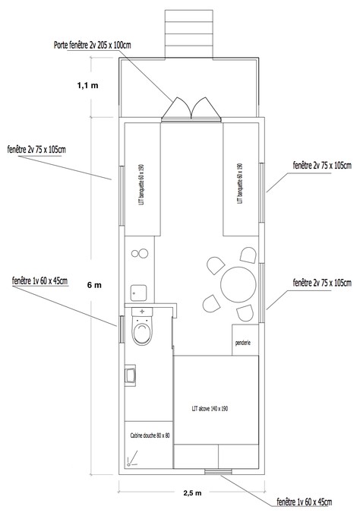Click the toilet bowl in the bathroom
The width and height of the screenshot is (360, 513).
click(x=142, y=331)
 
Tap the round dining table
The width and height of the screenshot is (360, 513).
click(x=238, y=285)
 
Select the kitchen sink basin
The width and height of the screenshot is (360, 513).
click(x=138, y=293)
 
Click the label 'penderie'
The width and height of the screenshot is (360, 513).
click(x=243, y=343)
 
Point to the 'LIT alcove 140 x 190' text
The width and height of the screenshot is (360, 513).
click(x=210, y=409)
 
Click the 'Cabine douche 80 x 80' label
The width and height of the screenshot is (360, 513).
click(x=150, y=435)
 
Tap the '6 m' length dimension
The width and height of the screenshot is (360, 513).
click(x=94, y=285)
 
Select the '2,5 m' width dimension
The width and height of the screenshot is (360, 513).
click(x=192, y=493)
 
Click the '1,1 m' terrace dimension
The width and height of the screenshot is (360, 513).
click(x=87, y=85)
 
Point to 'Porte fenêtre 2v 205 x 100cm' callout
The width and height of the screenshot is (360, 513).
click(x=92, y=45)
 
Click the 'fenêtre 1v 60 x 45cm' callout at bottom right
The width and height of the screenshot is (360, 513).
click(x=305, y=502)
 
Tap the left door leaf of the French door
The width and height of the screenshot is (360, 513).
click(x=176, y=108)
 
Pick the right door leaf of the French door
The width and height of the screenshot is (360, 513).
click(x=205, y=108)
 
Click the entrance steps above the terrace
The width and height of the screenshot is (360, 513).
click(x=189, y=34)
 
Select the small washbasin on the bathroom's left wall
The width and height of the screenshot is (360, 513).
click(x=130, y=375)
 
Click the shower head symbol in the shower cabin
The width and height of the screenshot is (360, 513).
click(x=131, y=459)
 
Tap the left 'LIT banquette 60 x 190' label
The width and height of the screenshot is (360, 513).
click(x=141, y=185)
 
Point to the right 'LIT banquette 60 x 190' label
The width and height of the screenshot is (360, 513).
click(x=240, y=183)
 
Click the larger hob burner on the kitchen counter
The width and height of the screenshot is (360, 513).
click(x=144, y=253)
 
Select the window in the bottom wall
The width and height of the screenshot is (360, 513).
click(x=219, y=471)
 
